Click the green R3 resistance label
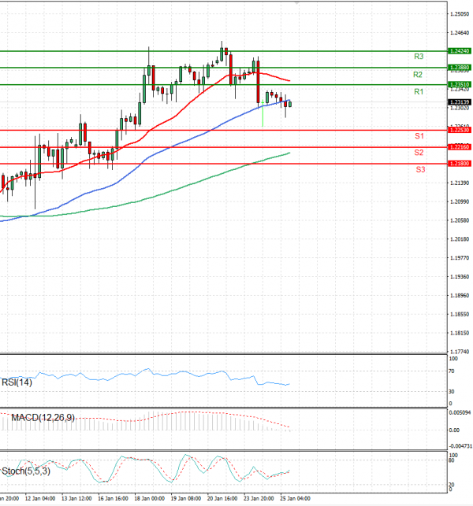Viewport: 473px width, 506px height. point(419,57)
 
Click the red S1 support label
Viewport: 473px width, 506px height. point(420,136)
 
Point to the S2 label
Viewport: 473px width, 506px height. point(419,152)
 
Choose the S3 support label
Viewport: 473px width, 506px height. point(421,169)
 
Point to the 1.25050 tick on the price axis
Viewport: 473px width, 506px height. point(460,13)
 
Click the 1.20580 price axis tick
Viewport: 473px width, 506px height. point(460,220)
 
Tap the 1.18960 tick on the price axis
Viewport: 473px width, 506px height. point(460,296)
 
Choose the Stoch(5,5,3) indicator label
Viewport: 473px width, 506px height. point(26,471)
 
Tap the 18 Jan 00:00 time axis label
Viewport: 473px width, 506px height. point(149,499)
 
